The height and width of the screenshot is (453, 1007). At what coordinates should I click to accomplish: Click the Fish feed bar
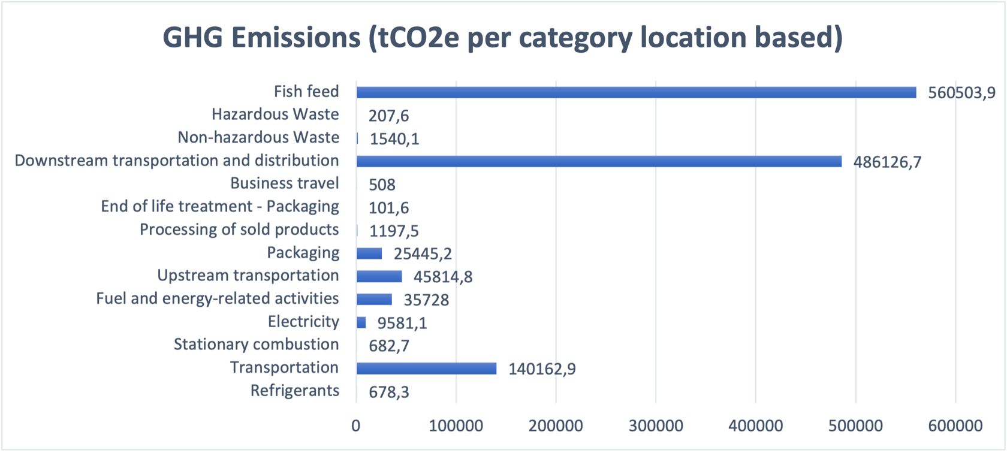pyautogui.click(x=635, y=92)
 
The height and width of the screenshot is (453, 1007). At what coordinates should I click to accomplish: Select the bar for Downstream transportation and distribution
pyautogui.click(x=598, y=161)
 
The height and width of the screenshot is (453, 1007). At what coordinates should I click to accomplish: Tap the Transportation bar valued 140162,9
pyautogui.click(x=426, y=369)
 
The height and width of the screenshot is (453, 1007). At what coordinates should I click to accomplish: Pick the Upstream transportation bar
pyautogui.click(x=379, y=276)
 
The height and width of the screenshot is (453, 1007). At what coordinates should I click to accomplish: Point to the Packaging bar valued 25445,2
pyautogui.click(x=369, y=253)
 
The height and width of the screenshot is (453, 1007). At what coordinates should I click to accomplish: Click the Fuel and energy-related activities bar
pyautogui.click(x=374, y=299)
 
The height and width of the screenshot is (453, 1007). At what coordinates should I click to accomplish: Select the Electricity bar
pyautogui.click(x=361, y=322)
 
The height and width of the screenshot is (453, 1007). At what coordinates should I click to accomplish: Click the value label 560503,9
pyautogui.click(x=961, y=93)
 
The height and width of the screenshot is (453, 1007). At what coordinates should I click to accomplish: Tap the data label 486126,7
pyautogui.click(x=887, y=162)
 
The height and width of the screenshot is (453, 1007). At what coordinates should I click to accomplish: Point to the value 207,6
pyautogui.click(x=388, y=115)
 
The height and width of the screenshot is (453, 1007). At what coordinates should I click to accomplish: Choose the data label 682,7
pyautogui.click(x=389, y=346)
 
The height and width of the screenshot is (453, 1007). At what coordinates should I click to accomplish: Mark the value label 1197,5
pyautogui.click(x=394, y=231)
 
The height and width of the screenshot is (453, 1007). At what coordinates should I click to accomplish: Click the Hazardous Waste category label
pyautogui.click(x=275, y=114)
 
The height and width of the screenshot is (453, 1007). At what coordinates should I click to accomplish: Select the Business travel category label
pyautogui.click(x=285, y=183)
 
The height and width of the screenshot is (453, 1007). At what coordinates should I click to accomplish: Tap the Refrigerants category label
pyautogui.click(x=294, y=391)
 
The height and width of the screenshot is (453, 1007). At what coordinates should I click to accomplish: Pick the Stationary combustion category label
pyautogui.click(x=256, y=345)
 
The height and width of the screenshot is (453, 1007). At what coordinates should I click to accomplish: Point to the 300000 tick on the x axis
pyautogui.click(x=656, y=425)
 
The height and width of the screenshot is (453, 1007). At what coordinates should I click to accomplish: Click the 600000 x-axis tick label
pyautogui.click(x=955, y=425)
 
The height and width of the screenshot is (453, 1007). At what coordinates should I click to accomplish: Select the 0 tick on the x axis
pyautogui.click(x=356, y=425)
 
